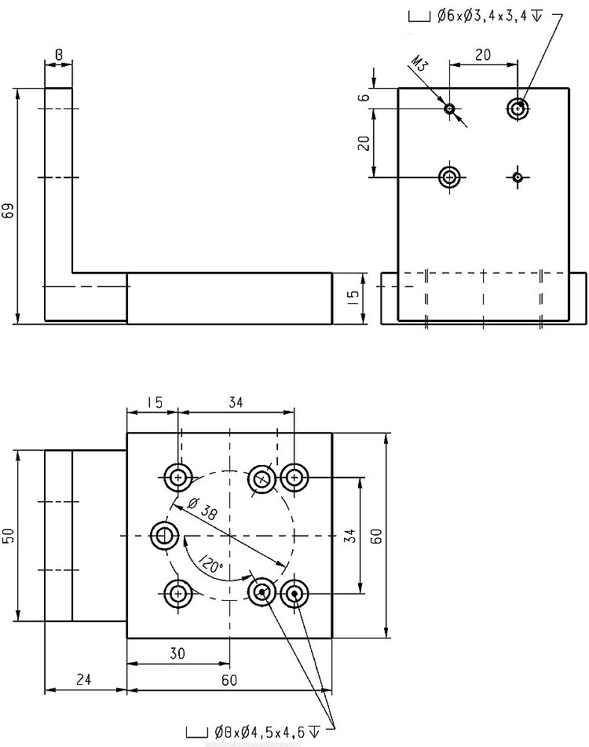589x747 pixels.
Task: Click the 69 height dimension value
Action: coord(9,210)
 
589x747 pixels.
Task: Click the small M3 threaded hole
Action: coord(449,108)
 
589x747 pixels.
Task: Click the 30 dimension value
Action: coord(177,653)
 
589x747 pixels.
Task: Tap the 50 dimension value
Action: coord(9,535)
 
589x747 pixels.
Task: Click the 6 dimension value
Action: coord(363,97)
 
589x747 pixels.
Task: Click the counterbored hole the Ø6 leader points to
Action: coord(517,108)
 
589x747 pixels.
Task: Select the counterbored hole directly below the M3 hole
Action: coord(450,177)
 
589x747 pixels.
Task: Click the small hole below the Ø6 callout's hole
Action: coord(518,177)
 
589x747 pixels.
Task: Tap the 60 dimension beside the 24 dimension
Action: coord(229,680)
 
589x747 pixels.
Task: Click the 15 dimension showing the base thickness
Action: coord(353,296)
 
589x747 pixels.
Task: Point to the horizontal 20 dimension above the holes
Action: coord(483,53)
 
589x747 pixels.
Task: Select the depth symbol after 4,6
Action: coord(315,732)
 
